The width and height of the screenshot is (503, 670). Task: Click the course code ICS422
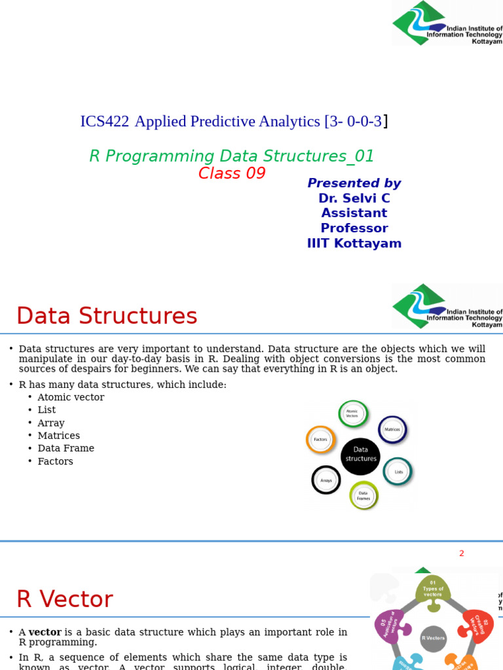[x=104, y=122]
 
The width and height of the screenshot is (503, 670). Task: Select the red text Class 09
[x=232, y=173]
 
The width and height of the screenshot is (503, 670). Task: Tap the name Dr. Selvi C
[x=354, y=198]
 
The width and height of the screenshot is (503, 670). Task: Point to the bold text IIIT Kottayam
[x=354, y=243]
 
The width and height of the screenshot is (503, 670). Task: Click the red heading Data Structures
[x=107, y=316]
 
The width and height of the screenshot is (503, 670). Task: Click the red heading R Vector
[x=64, y=599]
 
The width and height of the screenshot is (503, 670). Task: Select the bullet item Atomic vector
[x=71, y=397]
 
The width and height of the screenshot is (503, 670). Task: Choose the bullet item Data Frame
[x=65, y=448]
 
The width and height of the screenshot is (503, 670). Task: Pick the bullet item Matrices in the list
[x=58, y=436]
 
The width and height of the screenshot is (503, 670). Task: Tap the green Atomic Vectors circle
[x=353, y=414]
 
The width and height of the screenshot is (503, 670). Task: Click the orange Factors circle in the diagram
[x=321, y=440]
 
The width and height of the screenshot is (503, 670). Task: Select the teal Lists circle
[x=398, y=471]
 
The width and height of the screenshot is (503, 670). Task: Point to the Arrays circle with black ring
[x=326, y=480]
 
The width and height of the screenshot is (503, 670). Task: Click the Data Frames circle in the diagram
[x=364, y=495]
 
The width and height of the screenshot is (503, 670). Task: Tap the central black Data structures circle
[x=361, y=455]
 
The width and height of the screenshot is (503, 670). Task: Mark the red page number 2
[x=461, y=554]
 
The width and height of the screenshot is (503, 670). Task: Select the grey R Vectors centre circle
[x=433, y=638]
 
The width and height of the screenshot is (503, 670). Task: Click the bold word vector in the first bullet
[x=45, y=632]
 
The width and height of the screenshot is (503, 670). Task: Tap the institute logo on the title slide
[x=447, y=24]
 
